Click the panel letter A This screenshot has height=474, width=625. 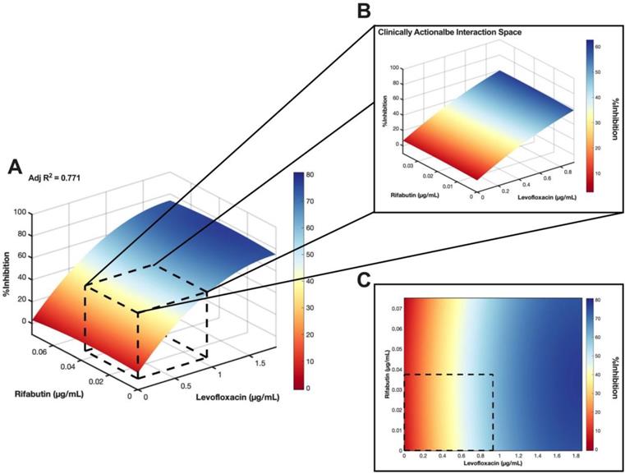(15, 168)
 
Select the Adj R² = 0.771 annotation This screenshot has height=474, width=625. (54, 177)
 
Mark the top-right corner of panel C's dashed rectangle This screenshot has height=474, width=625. (493, 375)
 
